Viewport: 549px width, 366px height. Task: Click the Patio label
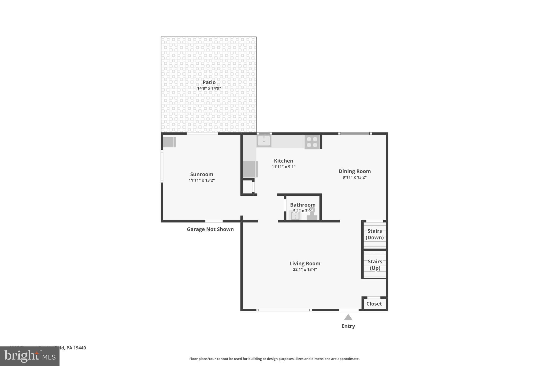coord(209,82)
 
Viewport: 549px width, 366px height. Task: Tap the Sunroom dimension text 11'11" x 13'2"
coord(202,180)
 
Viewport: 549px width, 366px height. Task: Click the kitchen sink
coord(264,141)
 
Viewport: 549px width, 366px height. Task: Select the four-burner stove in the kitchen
coord(312,142)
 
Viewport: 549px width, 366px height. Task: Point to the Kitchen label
coord(283,161)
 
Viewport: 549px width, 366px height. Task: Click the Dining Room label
coord(354,171)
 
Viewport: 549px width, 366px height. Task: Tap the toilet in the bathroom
coord(312,215)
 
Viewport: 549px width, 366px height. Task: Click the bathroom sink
coord(295,215)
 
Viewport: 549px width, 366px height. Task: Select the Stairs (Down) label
coord(374,234)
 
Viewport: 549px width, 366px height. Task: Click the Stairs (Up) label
coord(375,265)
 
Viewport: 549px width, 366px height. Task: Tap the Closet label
coord(374,304)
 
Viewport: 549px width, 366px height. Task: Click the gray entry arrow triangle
coord(348,317)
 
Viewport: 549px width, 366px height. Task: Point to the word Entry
coord(348,326)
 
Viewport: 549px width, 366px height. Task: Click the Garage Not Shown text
coord(210,229)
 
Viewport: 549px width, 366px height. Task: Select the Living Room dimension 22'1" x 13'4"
coord(305,269)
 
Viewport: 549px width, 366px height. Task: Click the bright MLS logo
coord(30,356)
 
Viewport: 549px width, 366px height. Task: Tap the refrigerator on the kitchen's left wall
coord(250,169)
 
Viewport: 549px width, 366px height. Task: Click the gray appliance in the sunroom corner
coord(169,142)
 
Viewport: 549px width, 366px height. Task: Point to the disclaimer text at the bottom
coord(274,359)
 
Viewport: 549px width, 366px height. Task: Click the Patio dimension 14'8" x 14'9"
coord(209,88)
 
